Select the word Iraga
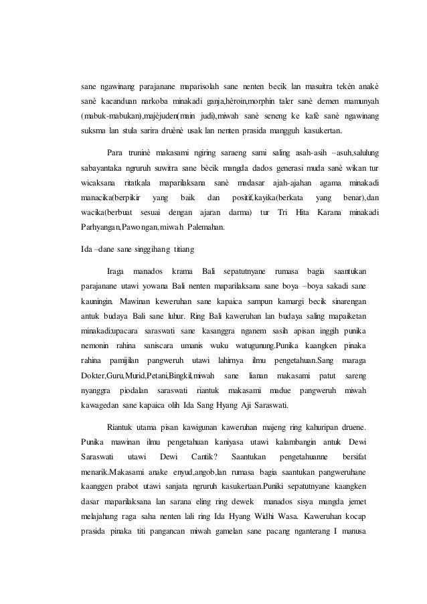116,272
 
